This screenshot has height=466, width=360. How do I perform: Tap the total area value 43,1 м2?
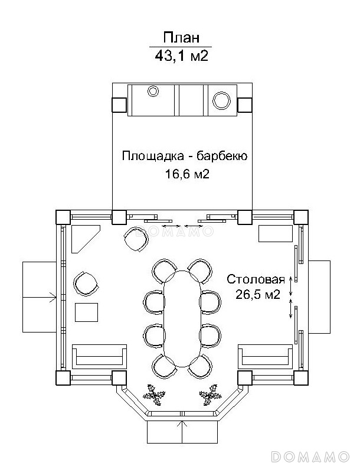tap(181, 56)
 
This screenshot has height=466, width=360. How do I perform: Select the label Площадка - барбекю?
tap(184, 157)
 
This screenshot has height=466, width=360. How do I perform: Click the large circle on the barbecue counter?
tap(222, 100)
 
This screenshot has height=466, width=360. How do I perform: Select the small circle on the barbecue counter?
tap(153, 91)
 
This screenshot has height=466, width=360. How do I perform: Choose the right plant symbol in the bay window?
tap(209, 394)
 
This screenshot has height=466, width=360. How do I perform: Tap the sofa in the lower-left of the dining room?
tap(99, 356)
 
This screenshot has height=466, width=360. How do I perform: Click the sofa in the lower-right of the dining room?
tap(265, 356)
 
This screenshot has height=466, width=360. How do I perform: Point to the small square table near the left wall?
tap(87, 312)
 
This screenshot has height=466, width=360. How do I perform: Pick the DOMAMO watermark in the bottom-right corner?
tap(313, 457)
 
